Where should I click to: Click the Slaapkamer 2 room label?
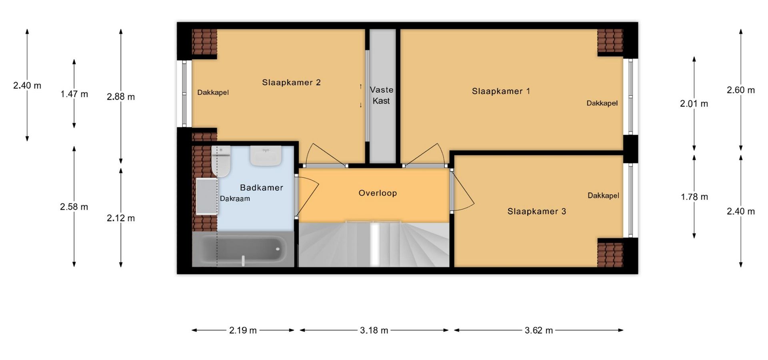tap(291, 82)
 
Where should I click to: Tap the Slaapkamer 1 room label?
tap(501, 91)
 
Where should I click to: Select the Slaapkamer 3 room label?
tap(537, 211)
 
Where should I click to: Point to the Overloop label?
tap(378, 193)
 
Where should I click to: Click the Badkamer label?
tap(262, 188)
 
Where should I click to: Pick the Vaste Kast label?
tap(381, 95)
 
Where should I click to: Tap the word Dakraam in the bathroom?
tap(235, 198)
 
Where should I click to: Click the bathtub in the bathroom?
tap(243, 250)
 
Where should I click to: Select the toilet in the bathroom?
tap(221, 161)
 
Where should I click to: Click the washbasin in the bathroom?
tap(266, 156)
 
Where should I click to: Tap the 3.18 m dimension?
tap(374, 330)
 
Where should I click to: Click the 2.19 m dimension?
tap(243, 330)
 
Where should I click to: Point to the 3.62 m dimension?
tap(539, 330)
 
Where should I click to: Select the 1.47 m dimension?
tap(74, 94)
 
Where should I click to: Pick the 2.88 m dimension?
tap(121, 97)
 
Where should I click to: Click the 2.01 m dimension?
tap(694, 104)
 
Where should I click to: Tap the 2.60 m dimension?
tap(741, 90)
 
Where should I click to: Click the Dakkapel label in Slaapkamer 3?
tap(603, 196)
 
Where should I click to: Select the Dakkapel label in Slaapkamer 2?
tap(213, 92)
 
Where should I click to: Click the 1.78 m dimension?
tap(694, 197)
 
